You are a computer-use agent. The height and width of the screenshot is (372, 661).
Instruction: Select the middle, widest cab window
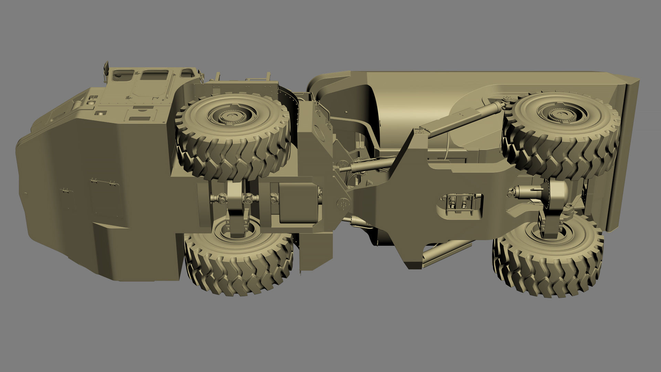pos(155,75)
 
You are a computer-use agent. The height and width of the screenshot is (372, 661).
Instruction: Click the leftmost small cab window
pos(123,74)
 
